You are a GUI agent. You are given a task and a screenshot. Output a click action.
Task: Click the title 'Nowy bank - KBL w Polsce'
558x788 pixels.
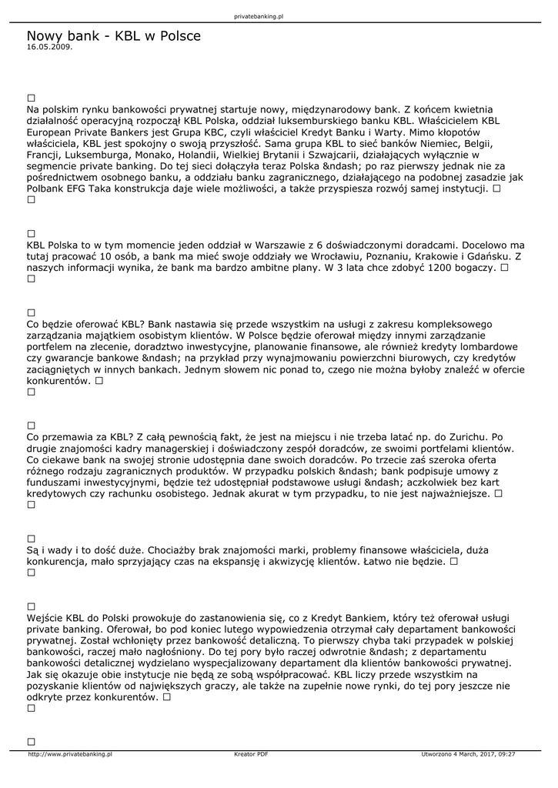click(113, 36)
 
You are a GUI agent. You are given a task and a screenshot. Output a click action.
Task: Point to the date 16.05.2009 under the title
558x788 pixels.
click(49, 47)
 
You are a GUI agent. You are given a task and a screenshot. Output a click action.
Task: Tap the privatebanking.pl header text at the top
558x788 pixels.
click(258, 16)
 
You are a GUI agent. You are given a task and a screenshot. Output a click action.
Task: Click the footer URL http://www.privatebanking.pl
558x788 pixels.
click(70, 754)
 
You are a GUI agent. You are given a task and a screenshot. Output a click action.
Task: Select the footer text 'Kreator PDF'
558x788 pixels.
click(251, 754)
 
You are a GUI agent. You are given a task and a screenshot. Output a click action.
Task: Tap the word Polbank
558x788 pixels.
click(48, 188)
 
